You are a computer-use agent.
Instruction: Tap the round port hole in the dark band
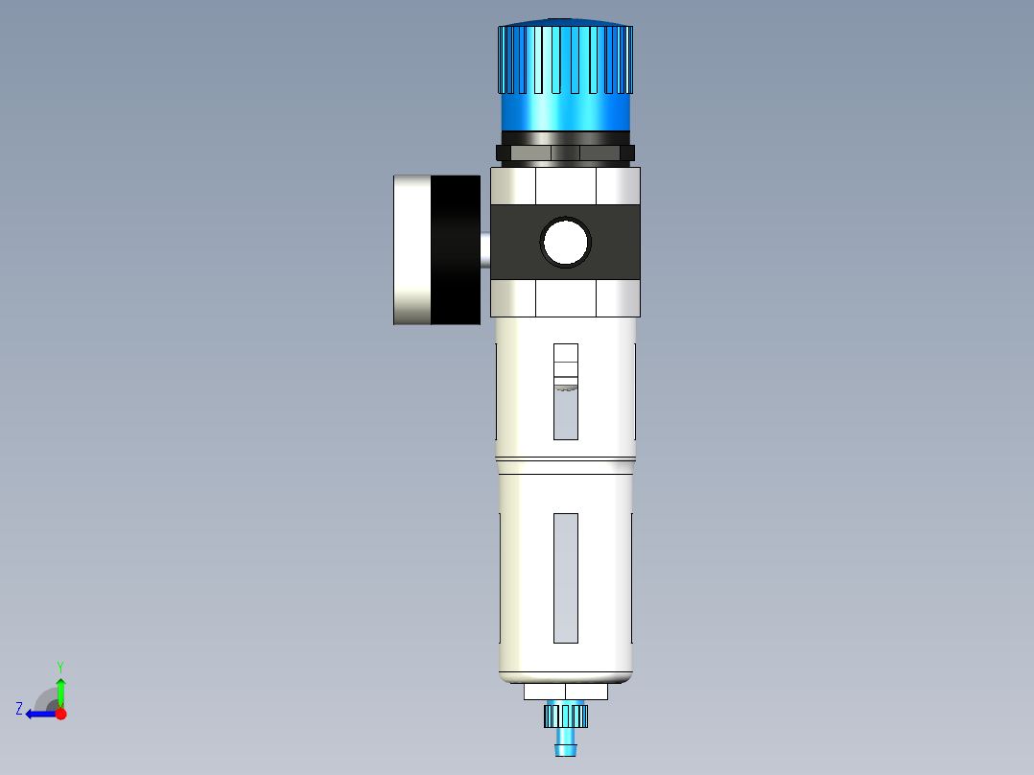[566, 242]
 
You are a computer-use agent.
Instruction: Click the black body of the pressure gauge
[455, 249]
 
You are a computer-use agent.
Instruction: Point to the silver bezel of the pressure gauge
[411, 249]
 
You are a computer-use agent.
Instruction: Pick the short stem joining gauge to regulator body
[485, 251]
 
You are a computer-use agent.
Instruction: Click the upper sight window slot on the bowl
[566, 391]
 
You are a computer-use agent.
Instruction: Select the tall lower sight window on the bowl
[566, 577]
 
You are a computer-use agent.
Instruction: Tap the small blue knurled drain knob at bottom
[565, 715]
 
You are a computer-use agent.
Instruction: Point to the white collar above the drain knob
[566, 692]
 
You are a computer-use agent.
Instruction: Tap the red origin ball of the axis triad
[60, 714]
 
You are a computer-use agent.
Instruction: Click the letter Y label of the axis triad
[59, 666]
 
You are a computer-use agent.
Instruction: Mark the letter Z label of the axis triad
[19, 709]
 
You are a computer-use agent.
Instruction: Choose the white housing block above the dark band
[565, 186]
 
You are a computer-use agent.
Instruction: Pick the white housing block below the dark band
[565, 298]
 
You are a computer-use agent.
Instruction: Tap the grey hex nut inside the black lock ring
[565, 153]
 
